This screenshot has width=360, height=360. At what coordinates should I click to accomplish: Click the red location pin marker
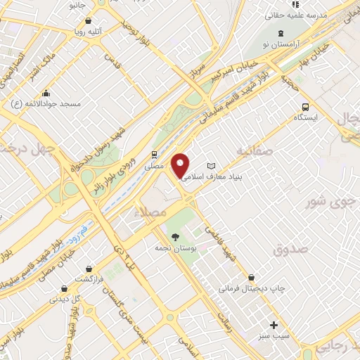tap(181, 166)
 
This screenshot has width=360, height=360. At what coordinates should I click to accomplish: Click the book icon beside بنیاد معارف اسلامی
tap(210, 166)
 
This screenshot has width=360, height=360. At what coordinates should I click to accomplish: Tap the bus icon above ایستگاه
tap(304, 107)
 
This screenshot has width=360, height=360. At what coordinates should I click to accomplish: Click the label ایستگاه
tap(306, 118)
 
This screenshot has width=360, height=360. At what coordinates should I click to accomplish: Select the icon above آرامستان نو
tap(281, 33)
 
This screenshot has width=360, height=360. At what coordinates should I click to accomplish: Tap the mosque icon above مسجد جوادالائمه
tap(46, 93)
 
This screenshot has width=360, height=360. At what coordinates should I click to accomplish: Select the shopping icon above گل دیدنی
tap(65, 288)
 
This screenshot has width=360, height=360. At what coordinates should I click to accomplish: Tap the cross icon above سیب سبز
tap(274, 325)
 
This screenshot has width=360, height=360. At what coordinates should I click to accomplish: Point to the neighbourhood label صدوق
tap(291, 249)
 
